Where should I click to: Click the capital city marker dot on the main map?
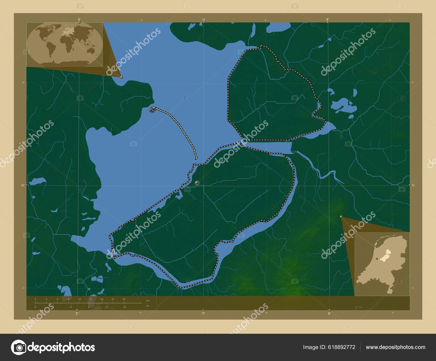(x=197, y=183)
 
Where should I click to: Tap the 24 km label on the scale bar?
(x=124, y=299)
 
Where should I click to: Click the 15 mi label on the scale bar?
(x=124, y=307)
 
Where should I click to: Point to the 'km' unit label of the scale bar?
(x=148, y=300)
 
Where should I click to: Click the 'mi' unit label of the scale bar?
(x=148, y=306)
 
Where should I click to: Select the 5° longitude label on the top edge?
(x=79, y=19)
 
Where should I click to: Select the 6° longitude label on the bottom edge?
(x=329, y=314)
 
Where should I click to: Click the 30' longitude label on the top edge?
(x=204, y=20)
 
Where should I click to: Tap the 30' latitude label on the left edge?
(x=23, y=185)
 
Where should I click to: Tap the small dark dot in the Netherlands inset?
(x=377, y=258)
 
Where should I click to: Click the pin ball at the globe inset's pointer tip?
(x=122, y=77)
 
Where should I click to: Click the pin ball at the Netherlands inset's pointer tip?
(x=341, y=217)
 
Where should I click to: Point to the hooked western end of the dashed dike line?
(x=152, y=110)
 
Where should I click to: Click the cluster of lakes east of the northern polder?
(x=343, y=105)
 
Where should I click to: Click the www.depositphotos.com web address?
(x=395, y=347)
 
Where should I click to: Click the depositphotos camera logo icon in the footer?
(x=18, y=347)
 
